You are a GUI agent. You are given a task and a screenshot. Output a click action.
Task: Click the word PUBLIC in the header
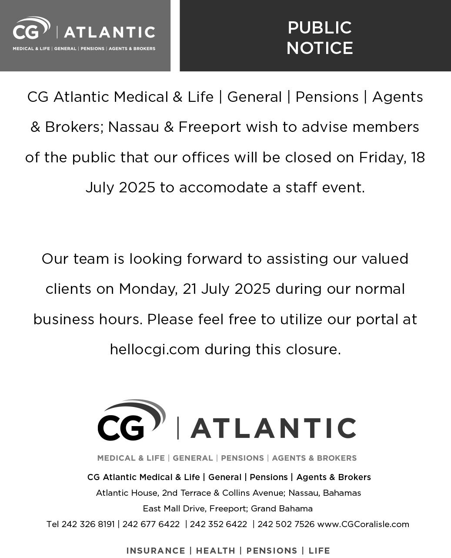pyautogui.click(x=319, y=28)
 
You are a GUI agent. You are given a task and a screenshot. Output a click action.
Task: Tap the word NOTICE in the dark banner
pyautogui.click(x=319, y=48)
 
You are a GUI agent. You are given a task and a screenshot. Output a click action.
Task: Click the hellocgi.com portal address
pyautogui.click(x=154, y=350)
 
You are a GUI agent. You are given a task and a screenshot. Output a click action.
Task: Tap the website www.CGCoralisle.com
pyautogui.click(x=363, y=524)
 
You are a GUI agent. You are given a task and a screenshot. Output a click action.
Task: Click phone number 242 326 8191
pyautogui.click(x=88, y=524)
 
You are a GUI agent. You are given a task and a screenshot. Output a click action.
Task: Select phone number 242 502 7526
pyautogui.click(x=286, y=524)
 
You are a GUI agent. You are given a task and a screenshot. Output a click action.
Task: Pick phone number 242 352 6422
pyautogui.click(x=218, y=524)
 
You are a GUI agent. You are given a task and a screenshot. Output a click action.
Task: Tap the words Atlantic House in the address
pyautogui.click(x=127, y=493)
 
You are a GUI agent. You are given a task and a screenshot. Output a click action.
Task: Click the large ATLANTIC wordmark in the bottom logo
pyautogui.click(x=273, y=428)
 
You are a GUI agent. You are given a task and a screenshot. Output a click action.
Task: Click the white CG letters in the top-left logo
pyautogui.click(x=25, y=32)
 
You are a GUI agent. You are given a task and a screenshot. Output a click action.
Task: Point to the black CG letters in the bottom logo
pyautogui.click(x=120, y=427)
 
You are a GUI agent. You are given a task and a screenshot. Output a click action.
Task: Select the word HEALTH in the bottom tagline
pyautogui.click(x=215, y=551)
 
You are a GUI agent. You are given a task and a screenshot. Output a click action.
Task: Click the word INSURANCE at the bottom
pyautogui.click(x=156, y=551)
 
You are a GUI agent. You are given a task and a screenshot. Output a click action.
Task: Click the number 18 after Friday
pyautogui.click(x=418, y=158)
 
